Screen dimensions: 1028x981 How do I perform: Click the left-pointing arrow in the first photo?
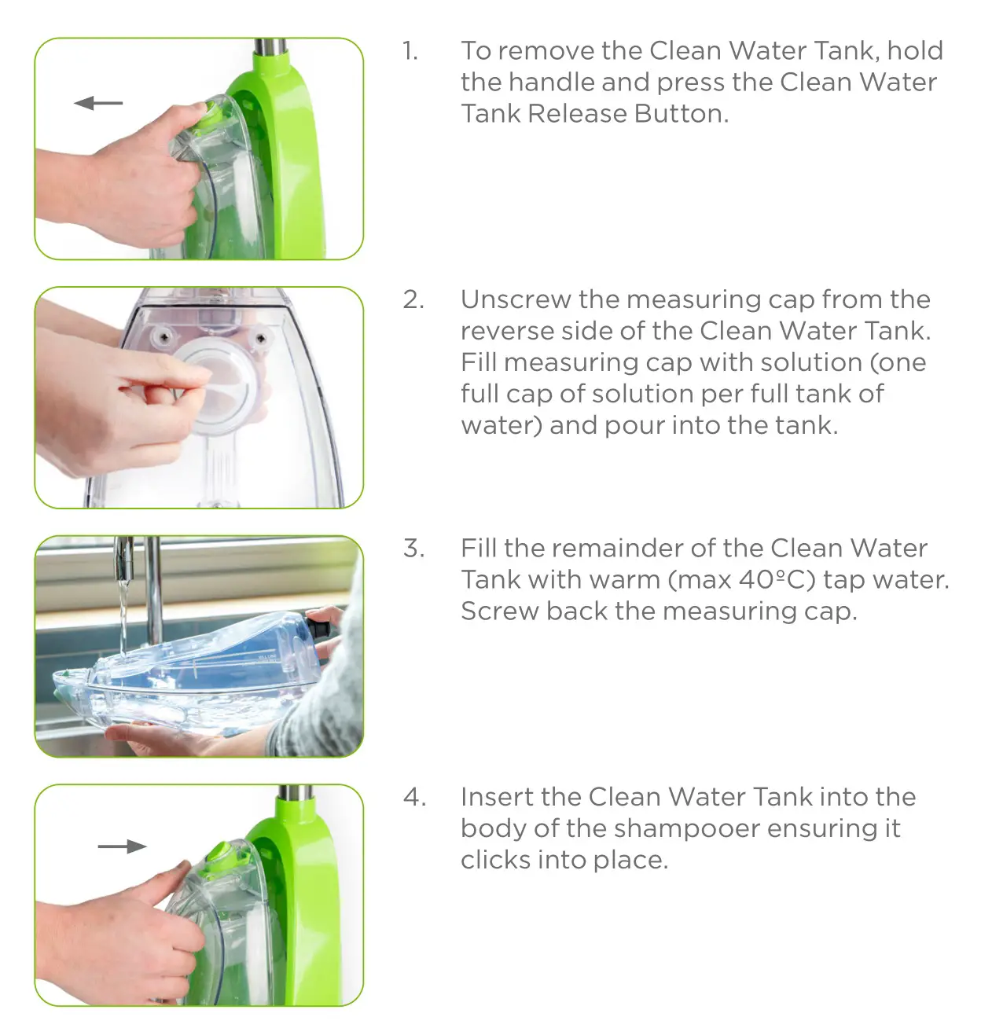tap(98, 103)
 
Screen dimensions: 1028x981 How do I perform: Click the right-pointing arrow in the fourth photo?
tap(123, 846)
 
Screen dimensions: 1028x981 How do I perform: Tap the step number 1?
tap(410, 51)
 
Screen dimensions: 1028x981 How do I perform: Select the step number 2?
tap(413, 299)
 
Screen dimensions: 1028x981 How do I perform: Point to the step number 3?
tap(413, 548)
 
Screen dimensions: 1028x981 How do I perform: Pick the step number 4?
tap(414, 797)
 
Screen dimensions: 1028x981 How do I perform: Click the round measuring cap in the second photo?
tap(215, 389)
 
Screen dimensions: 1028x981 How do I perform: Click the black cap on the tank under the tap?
tap(319, 628)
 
